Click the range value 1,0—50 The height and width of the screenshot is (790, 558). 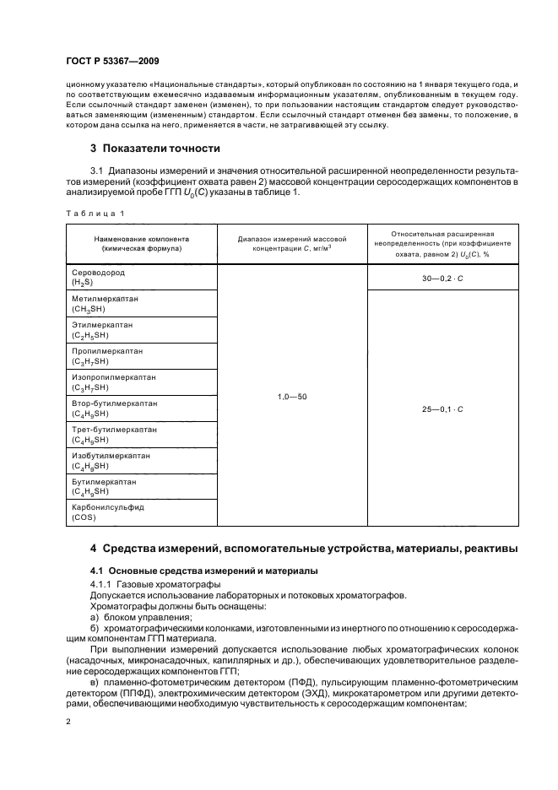pyautogui.click(x=292, y=396)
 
